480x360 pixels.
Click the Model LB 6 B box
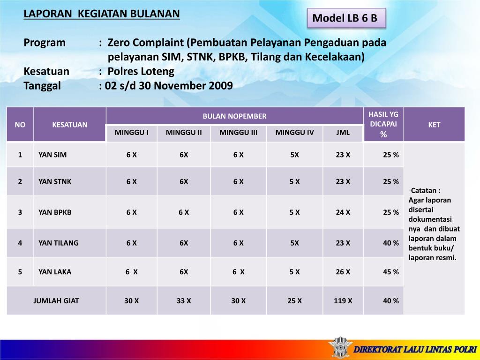(x=346, y=18)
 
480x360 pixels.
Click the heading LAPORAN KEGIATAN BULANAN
(x=102, y=14)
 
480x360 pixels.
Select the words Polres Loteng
(x=141, y=71)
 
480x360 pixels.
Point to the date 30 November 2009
(x=186, y=86)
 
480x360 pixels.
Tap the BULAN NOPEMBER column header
(x=234, y=116)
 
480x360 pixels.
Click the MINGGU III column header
(x=238, y=133)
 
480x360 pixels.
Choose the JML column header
(x=343, y=133)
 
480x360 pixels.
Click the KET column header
(x=434, y=125)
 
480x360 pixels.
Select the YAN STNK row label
(x=55, y=181)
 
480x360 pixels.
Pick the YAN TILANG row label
(x=59, y=243)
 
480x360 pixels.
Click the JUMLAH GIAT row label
(x=56, y=300)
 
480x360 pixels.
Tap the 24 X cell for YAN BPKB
(x=343, y=212)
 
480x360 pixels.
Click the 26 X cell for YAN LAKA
(x=343, y=271)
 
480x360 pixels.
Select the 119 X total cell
(x=343, y=300)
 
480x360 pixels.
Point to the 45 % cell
(x=391, y=271)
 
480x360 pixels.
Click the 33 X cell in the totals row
(x=184, y=300)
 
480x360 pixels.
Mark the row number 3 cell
(x=20, y=212)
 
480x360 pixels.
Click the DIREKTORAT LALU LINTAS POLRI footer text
(x=415, y=349)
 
